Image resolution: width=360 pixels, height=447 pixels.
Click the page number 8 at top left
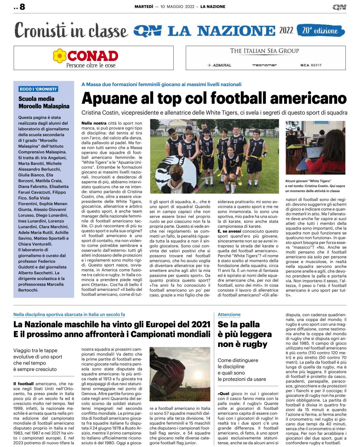pyautogui.click(x=22, y=6)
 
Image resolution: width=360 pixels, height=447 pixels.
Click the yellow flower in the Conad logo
pyautogui.click(x=59, y=56)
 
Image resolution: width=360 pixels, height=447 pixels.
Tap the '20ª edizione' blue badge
pyautogui.click(x=320, y=31)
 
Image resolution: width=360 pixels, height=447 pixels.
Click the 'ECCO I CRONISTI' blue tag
pyautogui.click(x=38, y=89)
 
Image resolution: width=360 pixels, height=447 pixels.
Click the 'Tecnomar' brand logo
pyautogui.click(x=264, y=65)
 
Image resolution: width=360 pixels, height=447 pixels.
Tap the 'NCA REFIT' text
pyautogui.click(x=311, y=65)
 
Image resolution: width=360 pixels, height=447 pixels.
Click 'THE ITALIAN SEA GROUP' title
pyautogui.click(x=264, y=51)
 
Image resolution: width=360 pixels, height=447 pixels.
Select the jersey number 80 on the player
pyautogui.click(x=189, y=147)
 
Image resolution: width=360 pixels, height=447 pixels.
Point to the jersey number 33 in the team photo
pyautogui.click(x=235, y=141)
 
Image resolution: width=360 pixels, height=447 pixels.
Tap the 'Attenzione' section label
pyautogui.click(x=229, y=315)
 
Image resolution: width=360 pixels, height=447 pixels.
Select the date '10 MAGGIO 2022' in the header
pyautogui.click(x=177, y=6)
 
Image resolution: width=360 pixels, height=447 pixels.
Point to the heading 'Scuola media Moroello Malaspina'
pyautogui.click(x=44, y=103)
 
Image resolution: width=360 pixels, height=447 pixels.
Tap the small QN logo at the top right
pyautogui.click(x=339, y=7)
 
